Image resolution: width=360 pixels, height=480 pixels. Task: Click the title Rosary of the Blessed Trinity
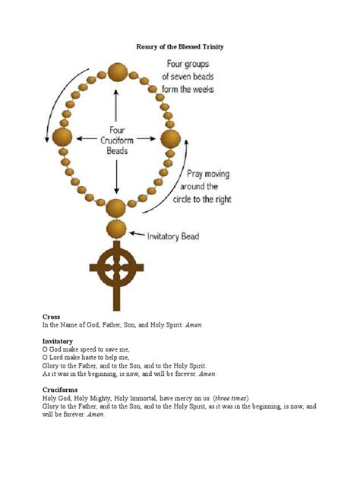[x=179, y=47]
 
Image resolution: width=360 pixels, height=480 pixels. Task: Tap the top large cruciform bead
[x=117, y=73]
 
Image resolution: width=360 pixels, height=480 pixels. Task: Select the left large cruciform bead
[x=62, y=137]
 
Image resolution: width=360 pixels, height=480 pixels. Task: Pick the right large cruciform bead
[x=171, y=138]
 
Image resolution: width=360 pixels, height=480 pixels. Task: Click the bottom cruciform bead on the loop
[x=116, y=207]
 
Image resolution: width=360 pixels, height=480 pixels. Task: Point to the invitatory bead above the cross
[x=116, y=229]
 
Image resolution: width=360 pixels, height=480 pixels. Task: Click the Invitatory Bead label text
[x=173, y=237]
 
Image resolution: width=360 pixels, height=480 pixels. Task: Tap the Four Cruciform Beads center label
[x=116, y=140]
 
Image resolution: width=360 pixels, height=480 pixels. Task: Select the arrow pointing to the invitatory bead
[x=137, y=235]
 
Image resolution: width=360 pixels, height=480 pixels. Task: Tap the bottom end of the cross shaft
[x=116, y=307]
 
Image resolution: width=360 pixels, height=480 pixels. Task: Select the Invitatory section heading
[x=58, y=341]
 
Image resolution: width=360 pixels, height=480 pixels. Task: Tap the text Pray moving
[x=207, y=175]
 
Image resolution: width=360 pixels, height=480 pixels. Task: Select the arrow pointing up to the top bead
[x=116, y=99]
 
